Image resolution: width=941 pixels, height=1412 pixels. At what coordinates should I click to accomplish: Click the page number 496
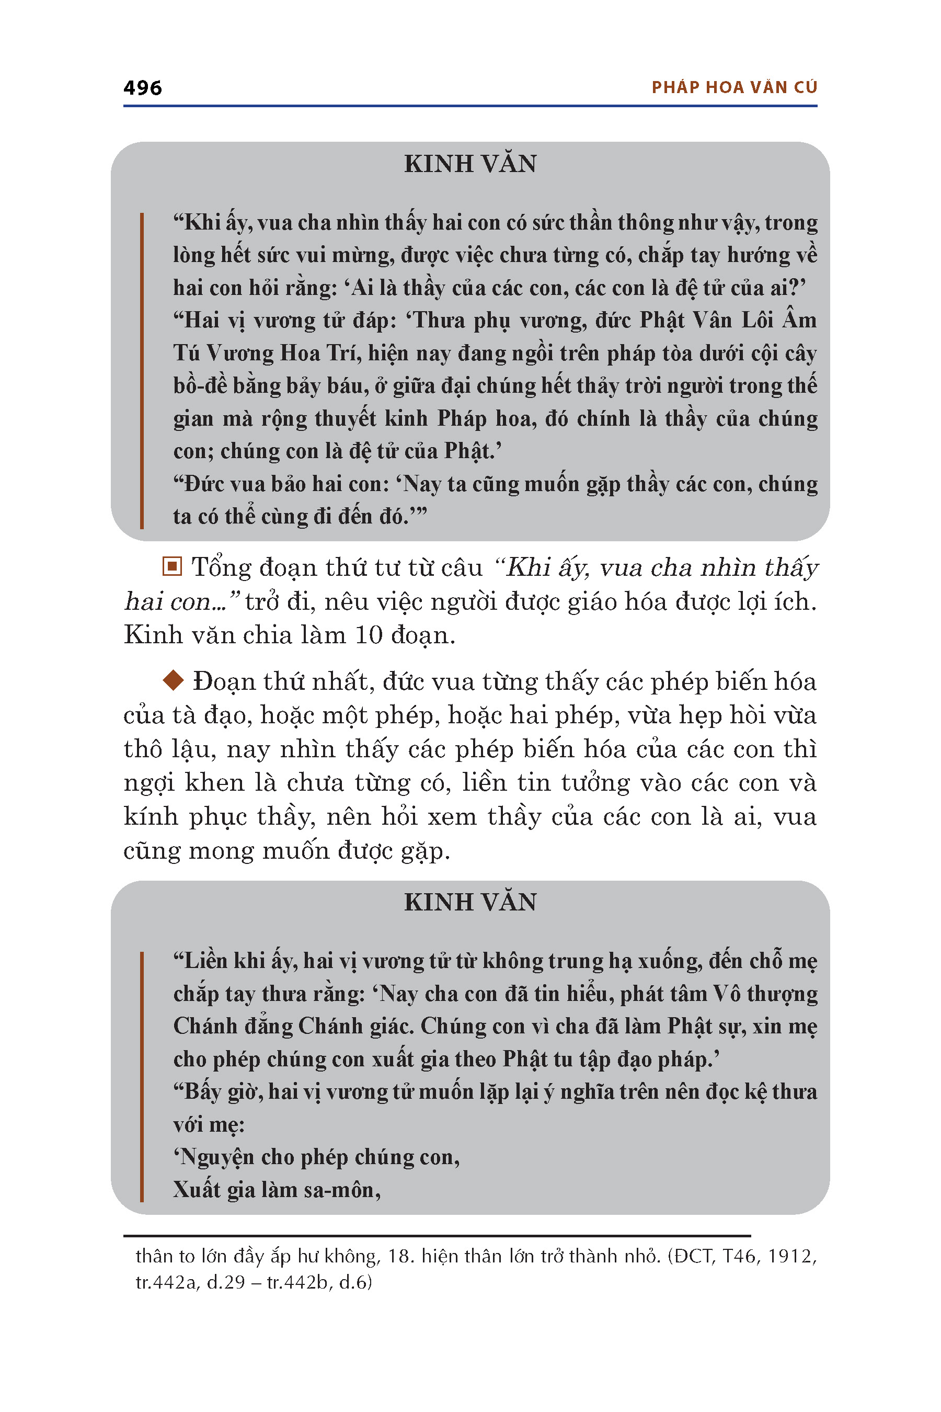point(142,88)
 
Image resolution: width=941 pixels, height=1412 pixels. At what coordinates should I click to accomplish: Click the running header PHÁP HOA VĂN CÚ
point(734,88)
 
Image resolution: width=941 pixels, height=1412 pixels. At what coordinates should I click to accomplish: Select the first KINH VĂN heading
point(470,164)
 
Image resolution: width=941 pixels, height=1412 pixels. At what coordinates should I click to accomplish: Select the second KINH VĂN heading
point(470,902)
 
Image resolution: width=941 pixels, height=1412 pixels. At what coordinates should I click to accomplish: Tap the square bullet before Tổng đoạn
point(172,566)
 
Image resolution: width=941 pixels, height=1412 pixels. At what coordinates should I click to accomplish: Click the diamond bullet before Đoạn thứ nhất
point(174,680)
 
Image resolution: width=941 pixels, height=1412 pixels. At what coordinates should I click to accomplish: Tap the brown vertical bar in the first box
point(142,370)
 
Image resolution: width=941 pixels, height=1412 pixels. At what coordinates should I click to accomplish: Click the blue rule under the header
point(470,106)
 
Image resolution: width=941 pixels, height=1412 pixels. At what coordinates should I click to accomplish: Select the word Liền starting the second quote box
point(203,961)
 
